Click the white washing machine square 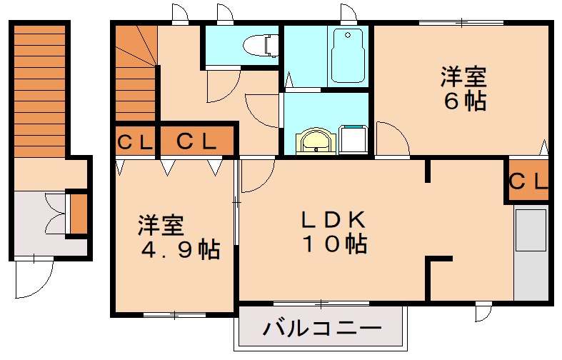point(353,139)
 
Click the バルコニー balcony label point(321,329)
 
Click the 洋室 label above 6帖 point(463,75)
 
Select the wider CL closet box point(196,141)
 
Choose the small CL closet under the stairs point(134,141)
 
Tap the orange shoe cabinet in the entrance point(78,213)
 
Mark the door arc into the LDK point(257,177)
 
